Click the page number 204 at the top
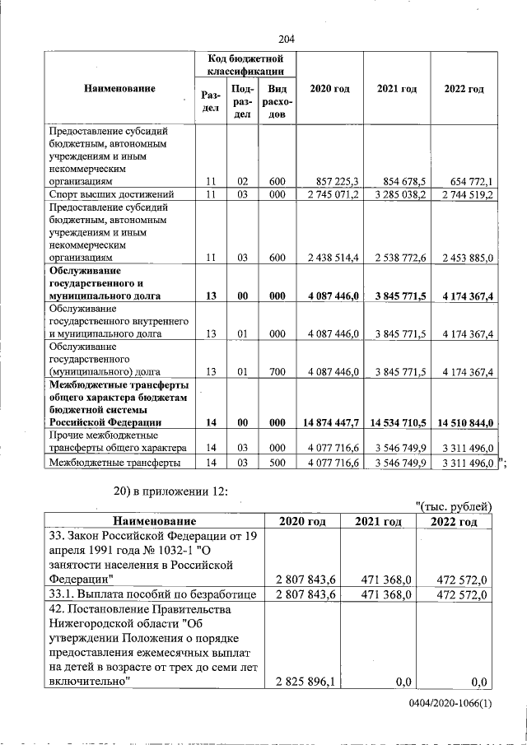(x=287, y=40)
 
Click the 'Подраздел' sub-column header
(x=242, y=100)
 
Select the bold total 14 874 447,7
(x=333, y=422)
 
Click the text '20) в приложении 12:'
(x=168, y=492)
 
